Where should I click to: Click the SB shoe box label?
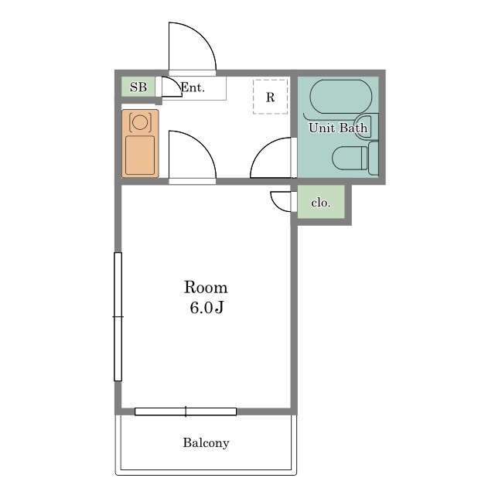[x=138, y=87]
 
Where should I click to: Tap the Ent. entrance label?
[x=193, y=87]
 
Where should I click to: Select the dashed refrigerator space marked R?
[x=270, y=97]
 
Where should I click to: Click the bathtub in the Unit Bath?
[x=341, y=95]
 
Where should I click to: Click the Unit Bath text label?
[x=338, y=128]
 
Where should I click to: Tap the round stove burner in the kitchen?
[x=140, y=122]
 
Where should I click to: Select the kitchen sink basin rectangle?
[x=140, y=155]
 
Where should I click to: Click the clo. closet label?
[x=321, y=203]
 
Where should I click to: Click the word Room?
[x=206, y=287]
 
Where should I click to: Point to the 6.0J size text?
[x=207, y=308]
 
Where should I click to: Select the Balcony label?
[x=207, y=442]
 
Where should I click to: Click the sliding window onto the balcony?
[x=186, y=411]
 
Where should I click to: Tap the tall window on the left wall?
[x=118, y=316]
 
